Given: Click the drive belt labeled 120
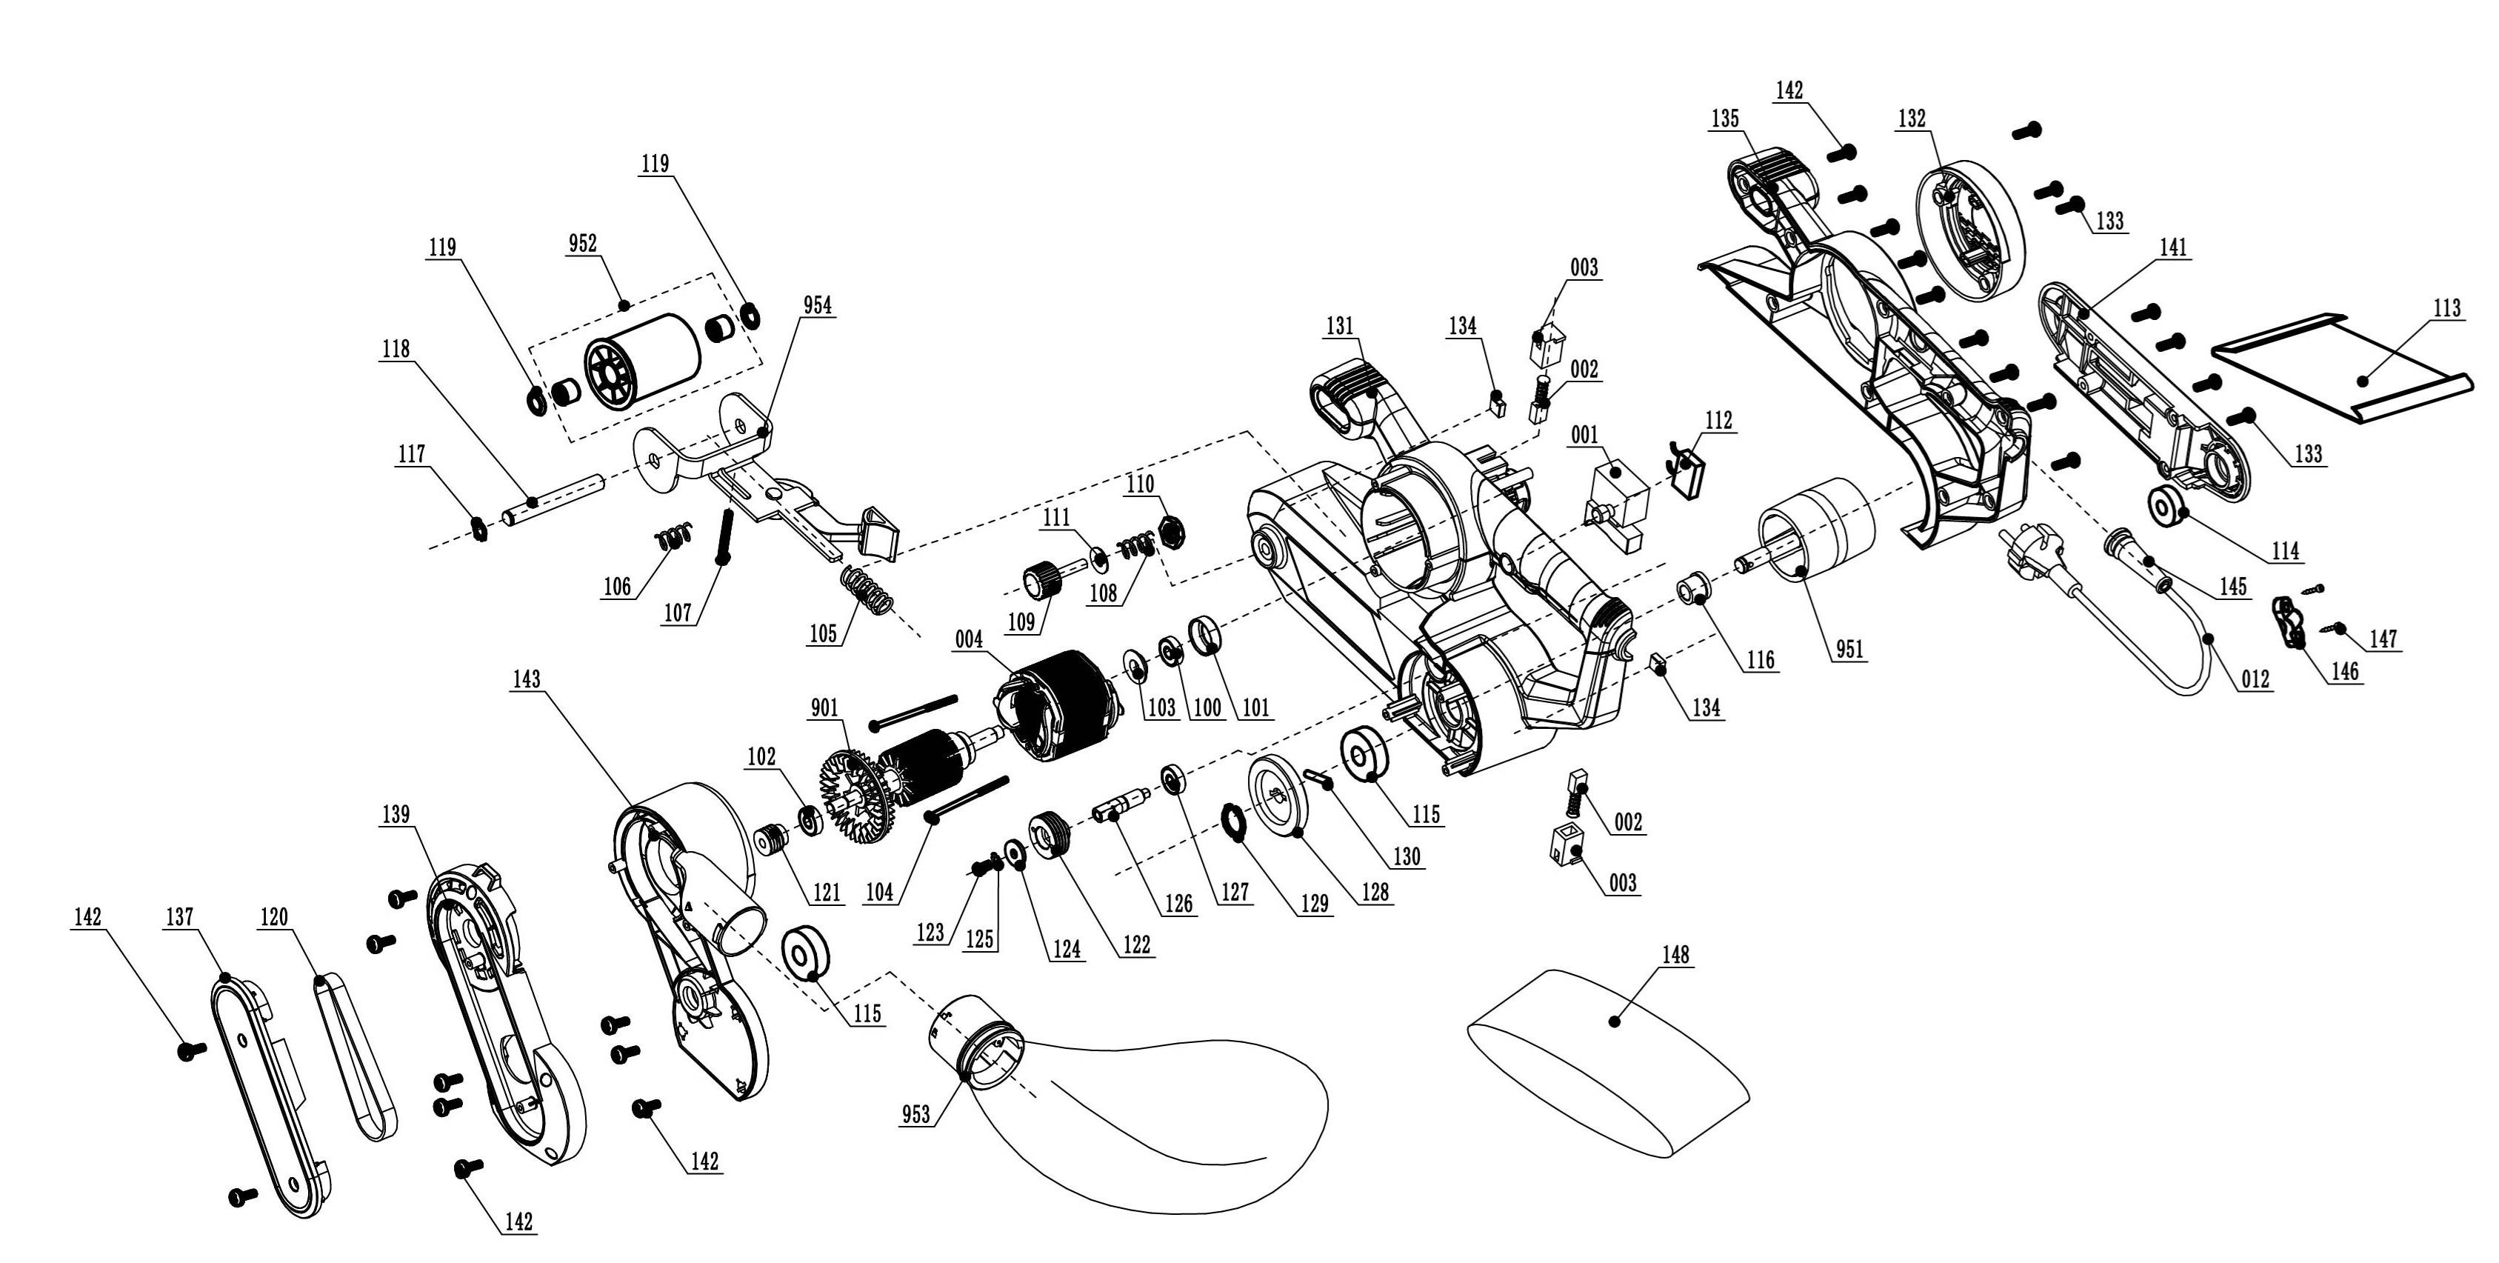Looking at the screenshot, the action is [x=356, y=1057].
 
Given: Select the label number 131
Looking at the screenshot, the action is [x=1339, y=327].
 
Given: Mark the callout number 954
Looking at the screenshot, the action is [x=817, y=305].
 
